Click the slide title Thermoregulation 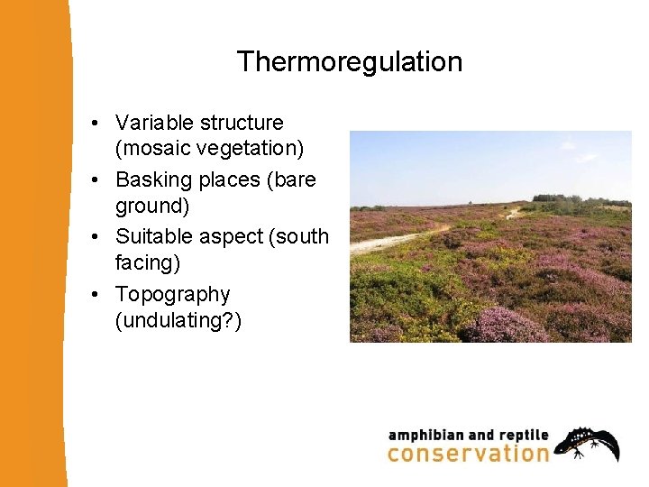[x=349, y=62]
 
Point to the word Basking [x=154, y=179]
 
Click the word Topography [x=172, y=295]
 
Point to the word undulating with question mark [x=178, y=320]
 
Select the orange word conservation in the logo [x=468, y=453]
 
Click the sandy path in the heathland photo [x=397, y=241]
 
